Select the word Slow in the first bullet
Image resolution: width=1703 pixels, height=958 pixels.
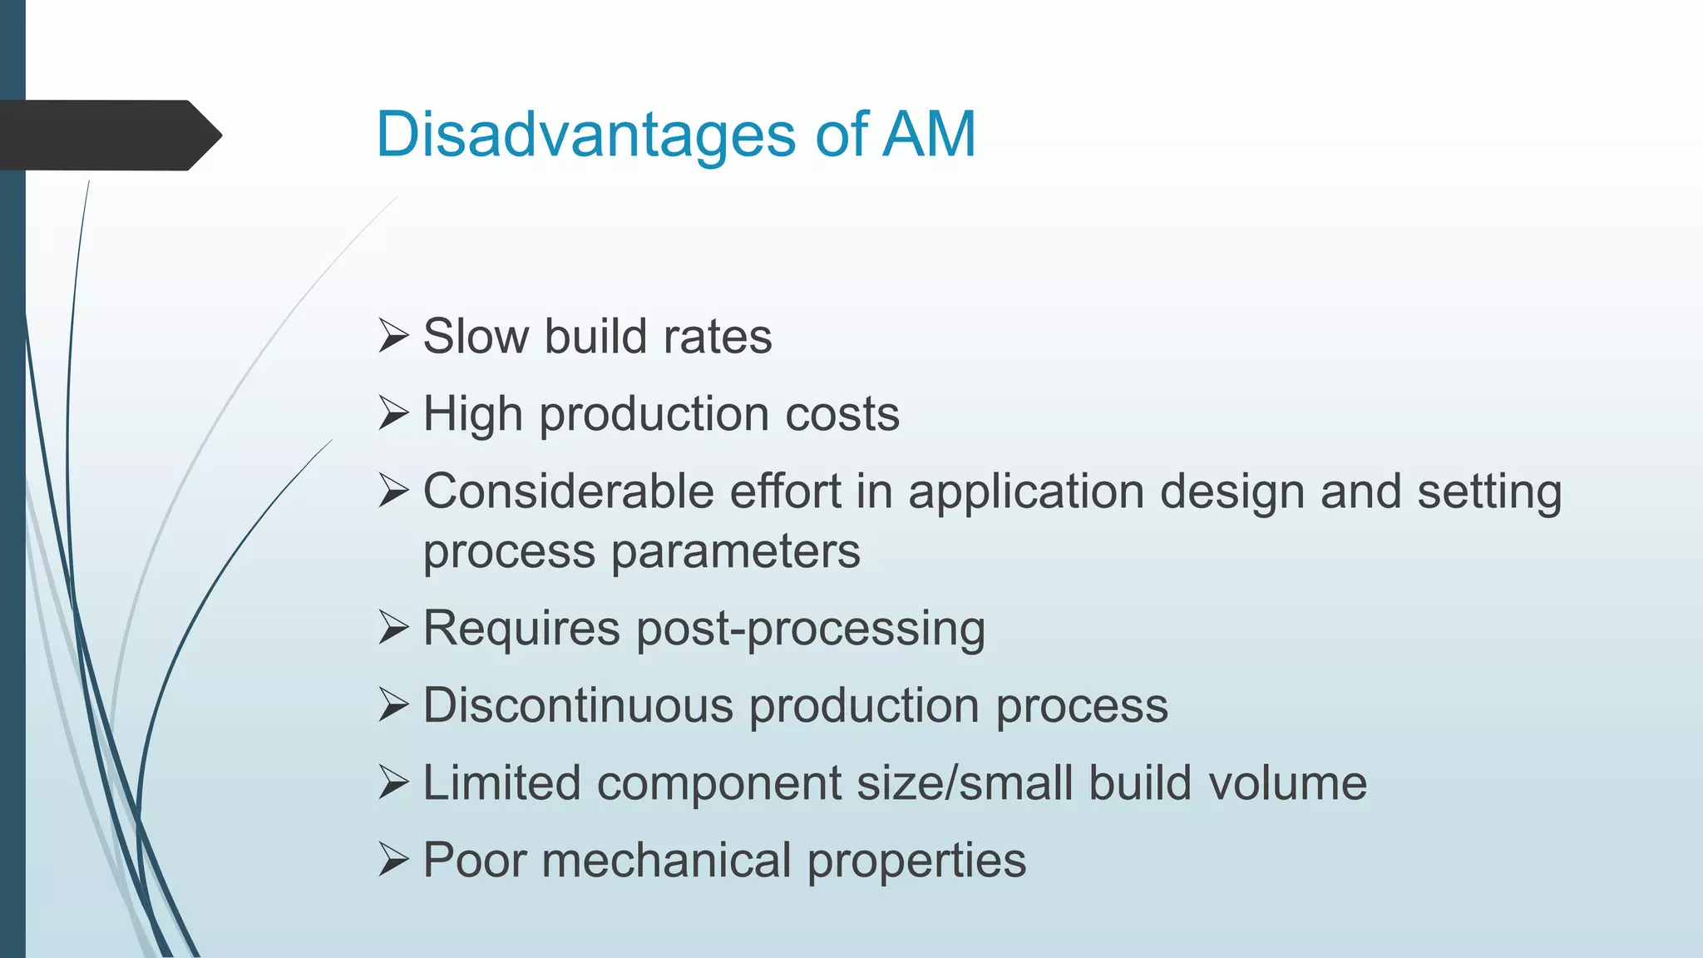(476, 336)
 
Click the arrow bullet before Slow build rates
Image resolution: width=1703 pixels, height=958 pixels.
(393, 337)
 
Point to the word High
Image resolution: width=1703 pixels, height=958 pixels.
(472, 413)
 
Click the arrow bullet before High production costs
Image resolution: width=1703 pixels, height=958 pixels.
(393, 414)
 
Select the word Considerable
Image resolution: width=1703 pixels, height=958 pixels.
(568, 491)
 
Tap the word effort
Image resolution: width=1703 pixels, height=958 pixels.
(785, 491)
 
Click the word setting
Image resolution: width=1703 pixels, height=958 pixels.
(1489, 492)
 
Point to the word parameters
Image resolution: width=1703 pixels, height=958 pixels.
(735, 552)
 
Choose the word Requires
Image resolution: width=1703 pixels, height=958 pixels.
(521, 629)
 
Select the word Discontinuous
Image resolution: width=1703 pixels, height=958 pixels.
(578, 705)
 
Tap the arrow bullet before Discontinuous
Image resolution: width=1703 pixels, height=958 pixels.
(393, 706)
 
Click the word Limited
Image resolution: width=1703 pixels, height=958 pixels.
(501, 783)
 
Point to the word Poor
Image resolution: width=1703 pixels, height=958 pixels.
(475, 860)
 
